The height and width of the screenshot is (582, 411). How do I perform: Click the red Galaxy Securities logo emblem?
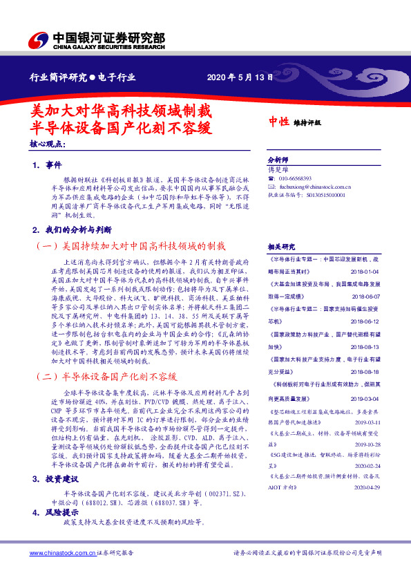pyautogui.click(x=39, y=39)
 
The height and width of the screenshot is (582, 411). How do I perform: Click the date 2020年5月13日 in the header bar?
pyautogui.click(x=236, y=77)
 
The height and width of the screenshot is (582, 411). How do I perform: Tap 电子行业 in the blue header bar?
pyautogui.click(x=115, y=77)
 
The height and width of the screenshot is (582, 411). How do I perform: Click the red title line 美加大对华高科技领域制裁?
pyautogui.click(x=122, y=111)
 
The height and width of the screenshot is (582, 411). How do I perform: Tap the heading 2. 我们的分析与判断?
pyautogui.click(x=72, y=229)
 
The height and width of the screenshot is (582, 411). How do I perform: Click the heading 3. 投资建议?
pyautogui.click(x=55, y=479)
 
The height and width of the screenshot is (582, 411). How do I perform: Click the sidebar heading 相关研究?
pyautogui.click(x=280, y=247)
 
